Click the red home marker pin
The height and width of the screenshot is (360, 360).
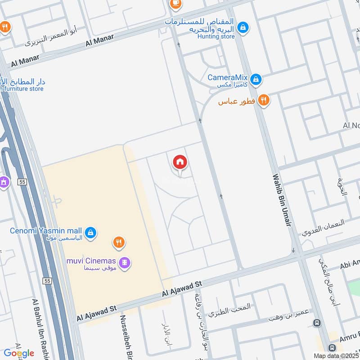point(180,162)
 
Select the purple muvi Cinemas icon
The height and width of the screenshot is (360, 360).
point(125,261)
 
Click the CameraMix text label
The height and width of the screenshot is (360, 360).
point(228,77)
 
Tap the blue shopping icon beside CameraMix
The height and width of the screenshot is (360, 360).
point(256,80)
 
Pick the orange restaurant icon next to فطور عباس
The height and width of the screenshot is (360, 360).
point(264,101)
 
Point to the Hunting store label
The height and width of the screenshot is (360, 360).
point(216,36)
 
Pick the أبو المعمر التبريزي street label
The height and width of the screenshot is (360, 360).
point(50,36)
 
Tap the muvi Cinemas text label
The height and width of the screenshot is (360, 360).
point(92,261)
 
